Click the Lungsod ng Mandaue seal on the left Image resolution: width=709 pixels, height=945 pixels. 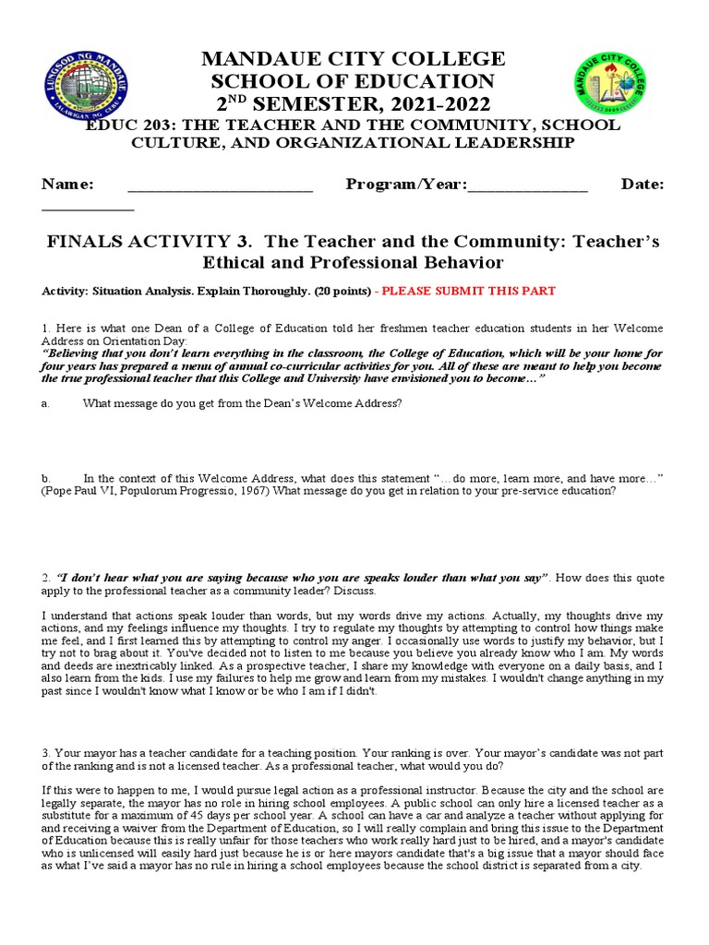[x=86, y=90]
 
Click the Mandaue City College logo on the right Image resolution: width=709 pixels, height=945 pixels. [x=610, y=90]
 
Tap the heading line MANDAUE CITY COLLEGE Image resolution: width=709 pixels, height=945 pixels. [x=354, y=59]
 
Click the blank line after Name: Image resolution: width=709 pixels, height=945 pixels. [x=220, y=185]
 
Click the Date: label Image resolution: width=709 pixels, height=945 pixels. [x=643, y=185]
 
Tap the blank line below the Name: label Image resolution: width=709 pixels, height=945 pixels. [x=88, y=208]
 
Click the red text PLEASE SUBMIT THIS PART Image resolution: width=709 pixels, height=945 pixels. [x=469, y=291]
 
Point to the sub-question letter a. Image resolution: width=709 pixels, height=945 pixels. [x=44, y=403]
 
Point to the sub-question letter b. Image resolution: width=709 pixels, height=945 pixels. [x=45, y=478]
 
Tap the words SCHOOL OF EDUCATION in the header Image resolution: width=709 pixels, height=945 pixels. [x=354, y=81]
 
